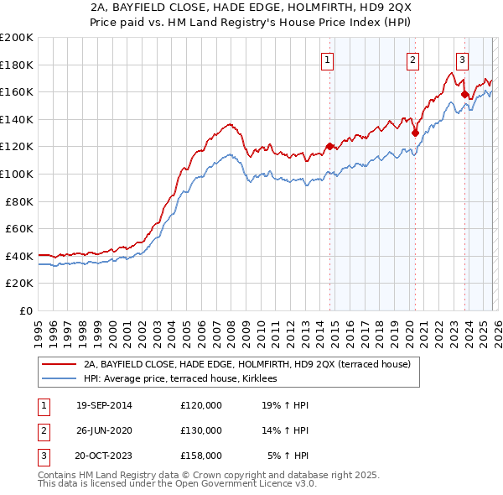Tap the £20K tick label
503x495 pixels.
(19, 284)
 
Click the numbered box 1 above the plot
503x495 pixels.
(326, 60)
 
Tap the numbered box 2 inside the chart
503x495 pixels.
(413, 60)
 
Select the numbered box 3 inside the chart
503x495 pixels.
(461, 60)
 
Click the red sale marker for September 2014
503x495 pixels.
(329, 146)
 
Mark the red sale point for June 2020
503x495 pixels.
(415, 133)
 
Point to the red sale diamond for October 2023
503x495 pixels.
(464, 95)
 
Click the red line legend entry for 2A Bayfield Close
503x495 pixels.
(246, 365)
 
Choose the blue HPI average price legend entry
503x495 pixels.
(186, 379)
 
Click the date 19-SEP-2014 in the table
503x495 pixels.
(104, 405)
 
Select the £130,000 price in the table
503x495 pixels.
(201, 430)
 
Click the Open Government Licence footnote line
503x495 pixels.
(178, 484)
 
